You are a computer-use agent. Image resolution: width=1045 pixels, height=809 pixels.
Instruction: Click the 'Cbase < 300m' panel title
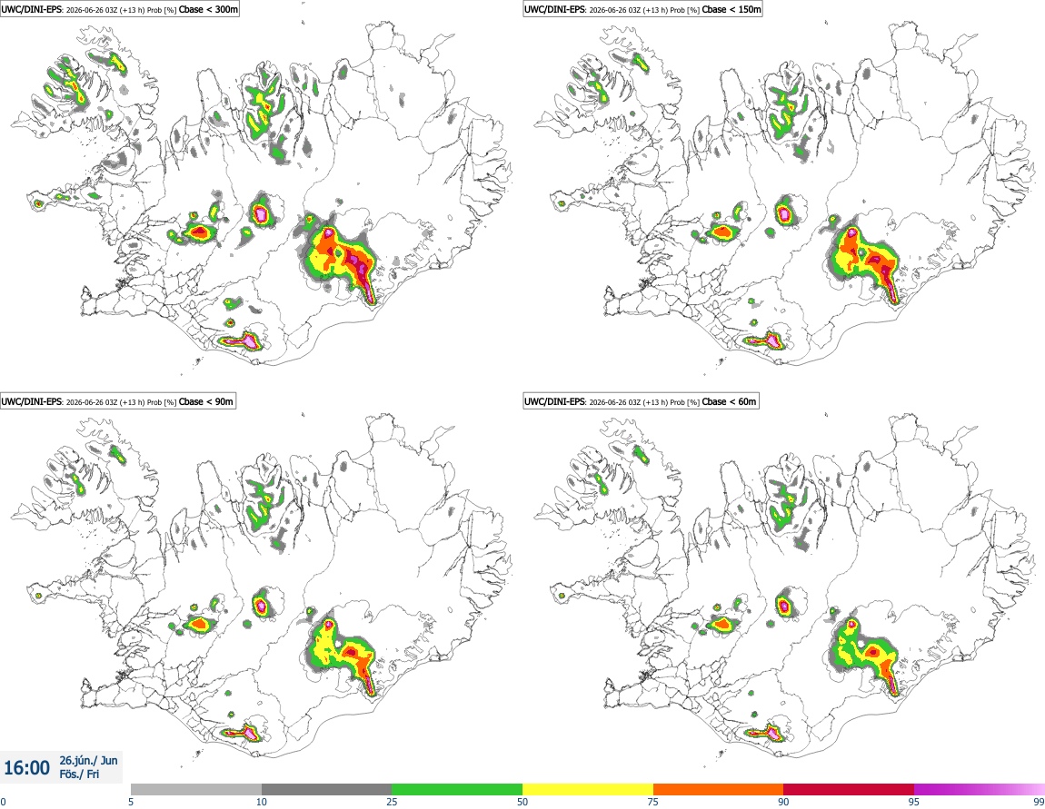(208, 9)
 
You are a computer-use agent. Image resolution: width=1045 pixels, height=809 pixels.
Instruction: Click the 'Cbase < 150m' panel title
(731, 9)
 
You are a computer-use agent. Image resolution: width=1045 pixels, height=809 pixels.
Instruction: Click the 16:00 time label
(26, 768)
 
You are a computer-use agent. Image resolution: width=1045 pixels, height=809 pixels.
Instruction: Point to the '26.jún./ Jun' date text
(89, 760)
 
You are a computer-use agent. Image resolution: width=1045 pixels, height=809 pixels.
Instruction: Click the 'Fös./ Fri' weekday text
(79, 774)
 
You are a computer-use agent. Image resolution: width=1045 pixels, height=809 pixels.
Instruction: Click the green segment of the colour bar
(457, 789)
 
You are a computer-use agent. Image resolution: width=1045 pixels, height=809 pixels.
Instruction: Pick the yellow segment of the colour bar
(588, 789)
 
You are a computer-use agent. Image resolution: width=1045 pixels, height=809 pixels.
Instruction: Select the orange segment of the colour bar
(719, 789)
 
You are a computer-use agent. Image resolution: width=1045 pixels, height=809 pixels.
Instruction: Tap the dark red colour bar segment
(849, 789)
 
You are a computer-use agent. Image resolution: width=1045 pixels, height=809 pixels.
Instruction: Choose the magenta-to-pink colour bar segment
(979, 789)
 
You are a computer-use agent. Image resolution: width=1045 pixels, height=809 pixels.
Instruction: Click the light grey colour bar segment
(196, 789)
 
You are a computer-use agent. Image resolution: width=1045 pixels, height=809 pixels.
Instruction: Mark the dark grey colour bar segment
(326, 789)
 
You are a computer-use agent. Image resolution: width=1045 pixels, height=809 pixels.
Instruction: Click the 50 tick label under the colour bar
(522, 802)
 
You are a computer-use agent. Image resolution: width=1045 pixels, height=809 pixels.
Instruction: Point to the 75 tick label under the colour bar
(653, 802)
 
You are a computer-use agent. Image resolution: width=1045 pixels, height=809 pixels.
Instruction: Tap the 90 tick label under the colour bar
(783, 802)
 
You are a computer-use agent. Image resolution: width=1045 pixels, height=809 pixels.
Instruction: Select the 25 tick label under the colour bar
(392, 802)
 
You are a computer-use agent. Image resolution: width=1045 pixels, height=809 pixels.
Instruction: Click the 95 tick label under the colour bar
(914, 802)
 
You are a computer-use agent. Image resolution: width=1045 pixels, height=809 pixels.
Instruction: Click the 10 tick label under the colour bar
(262, 802)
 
